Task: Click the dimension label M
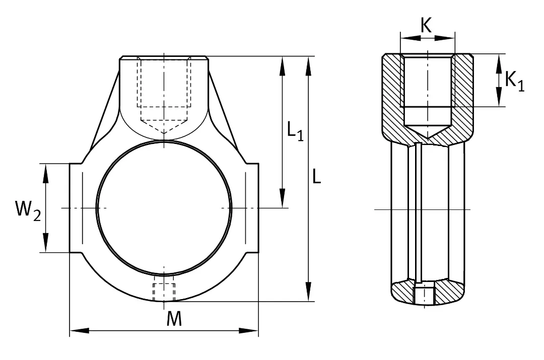pos(174,319)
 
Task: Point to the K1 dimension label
pos(514,82)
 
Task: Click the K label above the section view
pos(427,25)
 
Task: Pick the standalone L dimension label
pos(316,176)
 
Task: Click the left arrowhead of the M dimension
pos(80,330)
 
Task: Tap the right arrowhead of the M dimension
pos(248,330)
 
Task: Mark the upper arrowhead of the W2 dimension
pos(45,173)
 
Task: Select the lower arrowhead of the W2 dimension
pos(45,242)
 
